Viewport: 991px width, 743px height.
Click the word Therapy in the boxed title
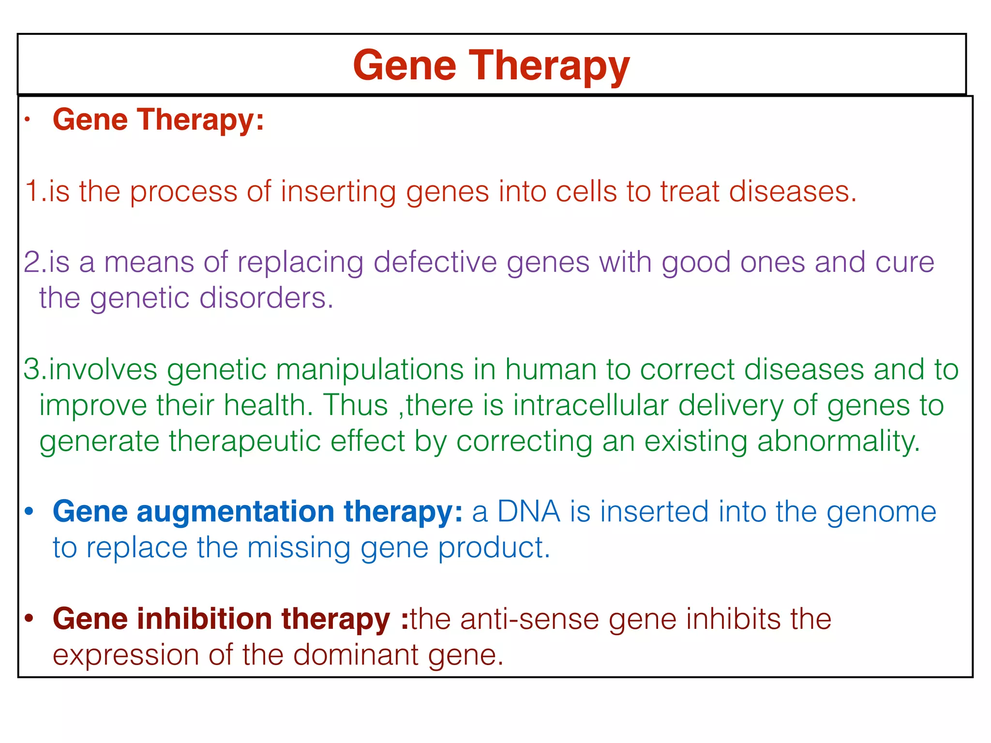pyautogui.click(x=549, y=66)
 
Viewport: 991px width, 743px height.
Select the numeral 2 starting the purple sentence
pyautogui.click(x=32, y=262)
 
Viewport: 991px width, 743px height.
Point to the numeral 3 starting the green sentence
pyautogui.click(x=32, y=370)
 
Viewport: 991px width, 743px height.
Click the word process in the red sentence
pyautogui.click(x=183, y=192)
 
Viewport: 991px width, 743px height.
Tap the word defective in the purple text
pyautogui.click(x=435, y=262)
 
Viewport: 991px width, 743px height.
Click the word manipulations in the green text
pyautogui.click(x=370, y=370)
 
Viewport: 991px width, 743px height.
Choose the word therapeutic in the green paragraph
pyautogui.click(x=244, y=441)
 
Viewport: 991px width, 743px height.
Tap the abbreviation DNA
pyautogui.click(x=528, y=511)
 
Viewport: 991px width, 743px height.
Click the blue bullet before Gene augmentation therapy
pyautogui.click(x=30, y=511)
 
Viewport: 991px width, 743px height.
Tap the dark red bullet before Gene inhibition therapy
pyautogui.click(x=30, y=619)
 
